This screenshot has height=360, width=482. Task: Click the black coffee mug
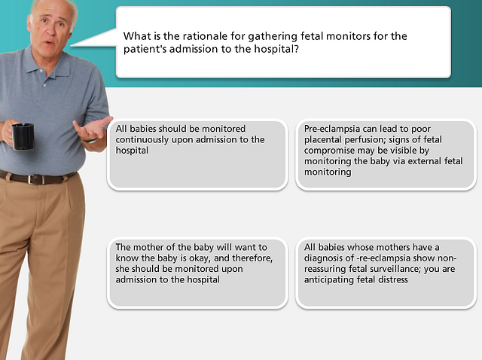point(23,136)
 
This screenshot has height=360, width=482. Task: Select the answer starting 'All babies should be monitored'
point(197,154)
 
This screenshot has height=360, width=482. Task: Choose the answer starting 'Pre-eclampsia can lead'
point(386,154)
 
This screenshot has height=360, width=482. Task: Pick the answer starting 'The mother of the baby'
point(197,273)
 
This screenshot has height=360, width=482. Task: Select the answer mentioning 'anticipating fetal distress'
point(386,273)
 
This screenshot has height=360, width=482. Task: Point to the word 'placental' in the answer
point(323,139)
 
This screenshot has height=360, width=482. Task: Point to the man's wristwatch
point(90,141)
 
